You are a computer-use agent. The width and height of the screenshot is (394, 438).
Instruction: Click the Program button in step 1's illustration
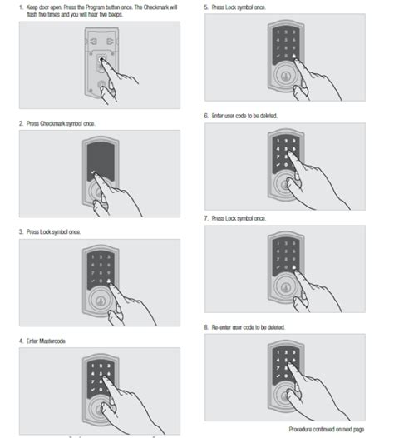click(x=101, y=59)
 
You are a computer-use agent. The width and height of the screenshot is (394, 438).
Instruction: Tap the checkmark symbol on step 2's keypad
click(x=93, y=172)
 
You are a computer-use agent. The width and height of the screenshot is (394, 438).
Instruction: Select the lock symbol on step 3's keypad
click(x=108, y=281)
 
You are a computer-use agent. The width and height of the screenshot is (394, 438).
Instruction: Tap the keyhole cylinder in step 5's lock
click(x=285, y=76)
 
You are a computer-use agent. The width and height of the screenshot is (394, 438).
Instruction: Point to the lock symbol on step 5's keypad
click(x=294, y=56)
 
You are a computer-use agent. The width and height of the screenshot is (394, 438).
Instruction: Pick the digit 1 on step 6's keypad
click(x=278, y=141)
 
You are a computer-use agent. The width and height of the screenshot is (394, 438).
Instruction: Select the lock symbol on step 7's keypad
click(x=294, y=267)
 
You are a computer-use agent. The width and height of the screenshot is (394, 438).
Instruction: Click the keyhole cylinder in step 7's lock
click(x=285, y=287)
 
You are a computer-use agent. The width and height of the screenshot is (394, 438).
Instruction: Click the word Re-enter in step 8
click(x=221, y=327)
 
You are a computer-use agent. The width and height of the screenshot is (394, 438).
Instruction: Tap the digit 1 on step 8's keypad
click(x=278, y=352)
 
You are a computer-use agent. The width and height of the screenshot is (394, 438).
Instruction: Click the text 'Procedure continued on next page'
click(x=327, y=429)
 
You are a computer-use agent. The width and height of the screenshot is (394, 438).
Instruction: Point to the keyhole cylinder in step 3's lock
click(x=100, y=301)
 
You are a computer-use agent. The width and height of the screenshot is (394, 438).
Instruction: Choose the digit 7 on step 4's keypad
click(x=93, y=381)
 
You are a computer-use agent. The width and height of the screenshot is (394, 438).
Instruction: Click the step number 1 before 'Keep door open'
click(x=21, y=7)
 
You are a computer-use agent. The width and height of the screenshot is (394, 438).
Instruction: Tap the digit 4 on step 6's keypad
click(x=278, y=149)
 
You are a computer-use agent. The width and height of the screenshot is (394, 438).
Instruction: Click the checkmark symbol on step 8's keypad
click(x=278, y=376)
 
